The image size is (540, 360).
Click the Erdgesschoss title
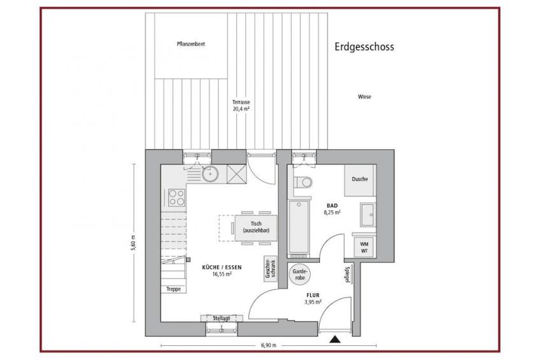[364, 47]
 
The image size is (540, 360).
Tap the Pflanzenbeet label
[191, 44]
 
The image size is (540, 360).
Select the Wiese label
[364, 97]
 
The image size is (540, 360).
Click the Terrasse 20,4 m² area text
[241, 105]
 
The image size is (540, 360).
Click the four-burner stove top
[176, 198]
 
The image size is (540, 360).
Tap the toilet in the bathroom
[302, 182]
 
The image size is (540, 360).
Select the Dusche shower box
[360, 180]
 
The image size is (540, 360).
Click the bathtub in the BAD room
[299, 227]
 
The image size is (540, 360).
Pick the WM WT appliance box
[364, 247]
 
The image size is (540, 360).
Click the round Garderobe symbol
[300, 275]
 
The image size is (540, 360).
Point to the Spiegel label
[348, 275]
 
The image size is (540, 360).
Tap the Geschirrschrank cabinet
[271, 269]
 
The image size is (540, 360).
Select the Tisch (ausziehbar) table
[256, 227]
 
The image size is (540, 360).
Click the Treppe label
[174, 289]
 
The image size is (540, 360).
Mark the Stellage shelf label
[222, 319]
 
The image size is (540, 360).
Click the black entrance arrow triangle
[335, 340]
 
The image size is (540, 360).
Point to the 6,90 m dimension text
[269, 345]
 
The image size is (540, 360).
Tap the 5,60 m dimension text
[134, 243]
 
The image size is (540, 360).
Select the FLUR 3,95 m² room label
[313, 299]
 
